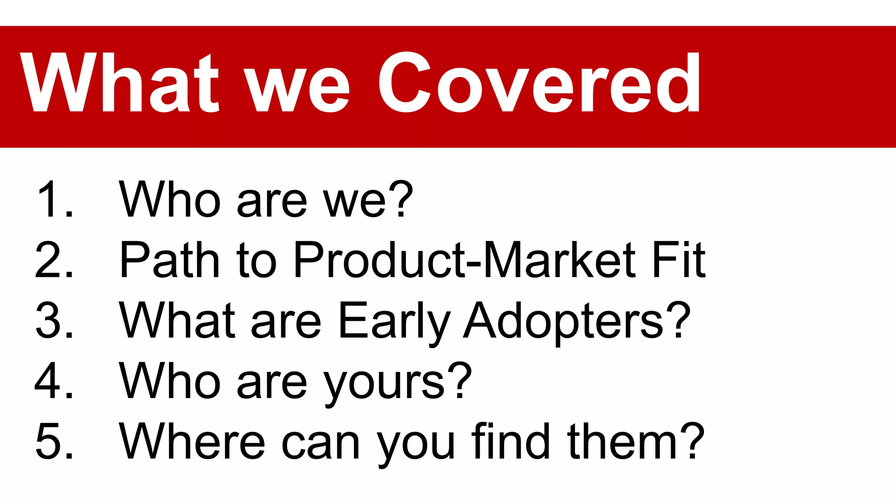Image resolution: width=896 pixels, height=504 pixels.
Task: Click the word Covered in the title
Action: (539, 83)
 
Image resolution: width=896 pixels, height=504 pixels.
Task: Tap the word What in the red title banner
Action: (119, 83)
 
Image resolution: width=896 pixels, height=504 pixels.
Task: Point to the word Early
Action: (394, 322)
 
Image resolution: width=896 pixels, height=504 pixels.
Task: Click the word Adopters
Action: (564, 322)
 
